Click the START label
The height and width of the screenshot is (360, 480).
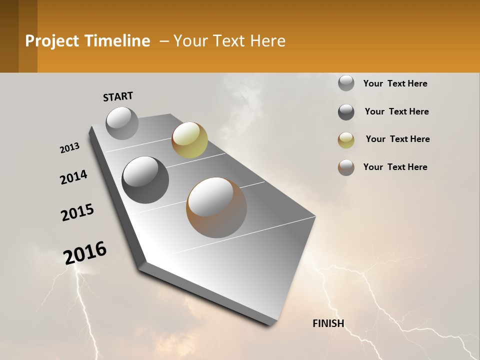[118, 96]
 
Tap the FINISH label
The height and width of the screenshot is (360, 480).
[328, 323]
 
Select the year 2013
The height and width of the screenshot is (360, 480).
[69, 148]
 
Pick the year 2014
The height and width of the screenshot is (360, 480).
[73, 177]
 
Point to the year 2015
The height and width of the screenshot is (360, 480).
[77, 212]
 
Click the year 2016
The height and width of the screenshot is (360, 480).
[85, 252]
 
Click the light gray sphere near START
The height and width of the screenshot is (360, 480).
[122, 123]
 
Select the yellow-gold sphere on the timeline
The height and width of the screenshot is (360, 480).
[189, 139]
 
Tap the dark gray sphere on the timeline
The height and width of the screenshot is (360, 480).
[145, 179]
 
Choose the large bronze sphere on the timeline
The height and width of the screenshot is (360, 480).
[216, 207]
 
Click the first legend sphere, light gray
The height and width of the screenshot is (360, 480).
[346, 83]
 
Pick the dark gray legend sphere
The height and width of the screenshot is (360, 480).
[346, 112]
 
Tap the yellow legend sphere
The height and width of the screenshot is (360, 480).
[346, 140]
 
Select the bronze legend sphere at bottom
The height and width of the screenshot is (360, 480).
[346, 167]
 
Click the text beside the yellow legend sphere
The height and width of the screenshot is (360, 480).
[397, 139]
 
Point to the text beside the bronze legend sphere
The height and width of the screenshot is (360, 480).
[395, 167]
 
